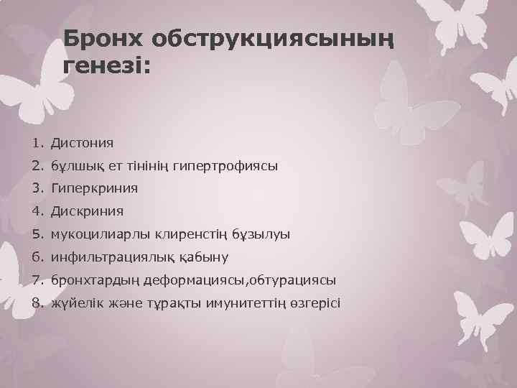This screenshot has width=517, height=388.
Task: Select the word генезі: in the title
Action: (108, 68)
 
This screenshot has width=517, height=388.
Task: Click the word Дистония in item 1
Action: (82, 143)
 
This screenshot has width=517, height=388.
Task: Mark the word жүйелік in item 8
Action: (75, 302)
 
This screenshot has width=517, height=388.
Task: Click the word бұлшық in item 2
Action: (73, 166)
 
